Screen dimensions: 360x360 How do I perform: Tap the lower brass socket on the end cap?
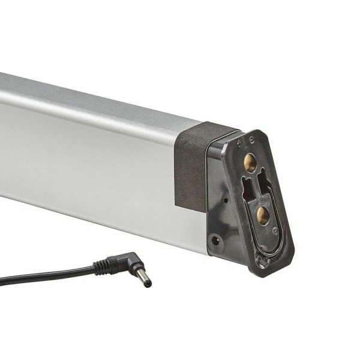point(261,214)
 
